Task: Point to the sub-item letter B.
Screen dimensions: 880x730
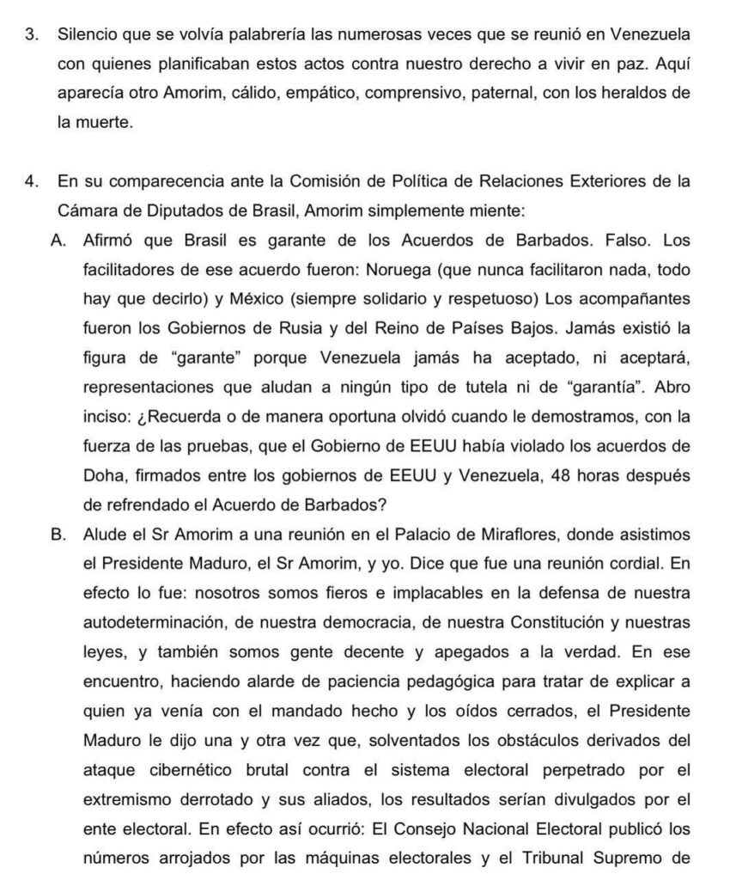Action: [60, 535]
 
